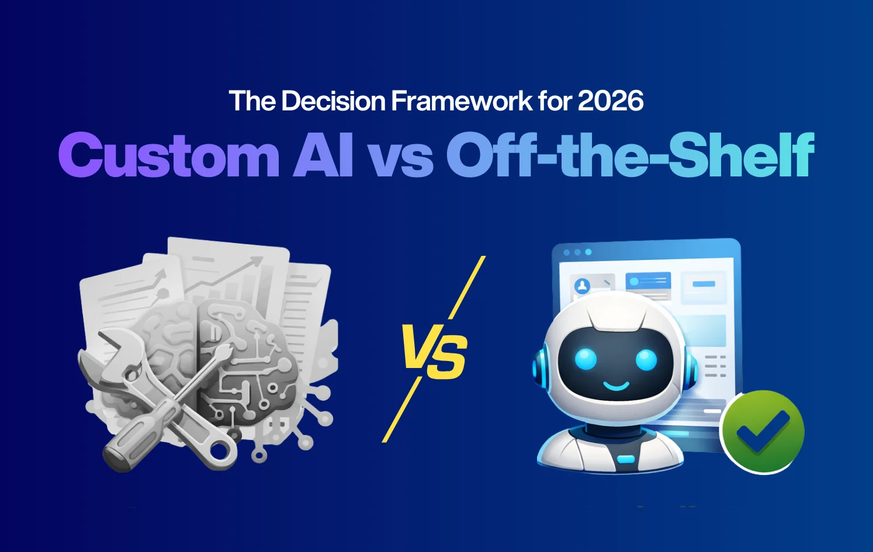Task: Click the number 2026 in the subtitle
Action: coord(611,101)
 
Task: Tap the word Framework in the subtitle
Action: coord(461,101)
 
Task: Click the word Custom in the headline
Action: coord(169,155)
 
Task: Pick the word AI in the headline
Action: coord(324,155)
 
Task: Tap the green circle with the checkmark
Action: coord(762,431)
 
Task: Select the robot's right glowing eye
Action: coord(646,359)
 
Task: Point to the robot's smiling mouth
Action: coord(616,386)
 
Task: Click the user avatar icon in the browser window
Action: coord(583,286)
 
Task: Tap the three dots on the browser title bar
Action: coord(577,252)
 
